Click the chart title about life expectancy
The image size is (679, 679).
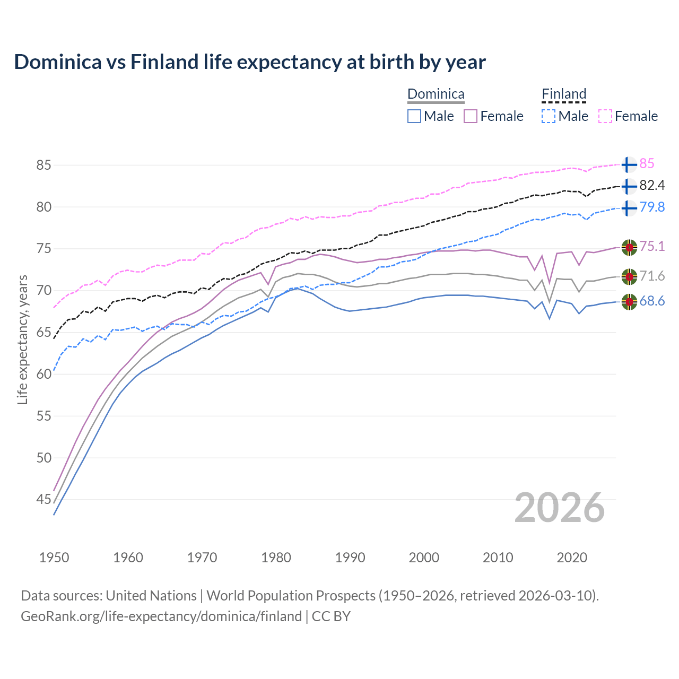pos(250,62)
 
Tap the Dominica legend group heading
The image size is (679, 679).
pos(436,94)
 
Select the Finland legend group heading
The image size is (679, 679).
pos(564,94)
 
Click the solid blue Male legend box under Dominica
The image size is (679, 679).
pos(414,116)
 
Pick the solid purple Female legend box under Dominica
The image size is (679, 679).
pos(471,116)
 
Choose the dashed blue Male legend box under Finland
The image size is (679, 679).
pos(549,116)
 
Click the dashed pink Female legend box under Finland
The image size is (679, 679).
pos(605,116)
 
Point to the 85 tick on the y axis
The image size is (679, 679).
pos(43,165)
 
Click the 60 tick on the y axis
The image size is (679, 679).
pos(43,374)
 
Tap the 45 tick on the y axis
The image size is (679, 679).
pos(43,499)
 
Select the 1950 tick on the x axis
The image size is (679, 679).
pos(54,558)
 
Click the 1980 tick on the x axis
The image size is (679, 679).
pos(276,558)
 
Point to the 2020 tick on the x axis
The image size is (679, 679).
pos(572,558)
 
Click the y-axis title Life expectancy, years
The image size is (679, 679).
pos(22,339)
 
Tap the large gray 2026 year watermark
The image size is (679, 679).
pos(560,508)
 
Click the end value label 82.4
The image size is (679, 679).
pos(652,186)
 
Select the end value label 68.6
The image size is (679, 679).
pos(652,301)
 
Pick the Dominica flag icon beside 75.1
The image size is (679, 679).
pos(629,247)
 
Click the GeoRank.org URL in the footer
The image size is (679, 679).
pos(161,616)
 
